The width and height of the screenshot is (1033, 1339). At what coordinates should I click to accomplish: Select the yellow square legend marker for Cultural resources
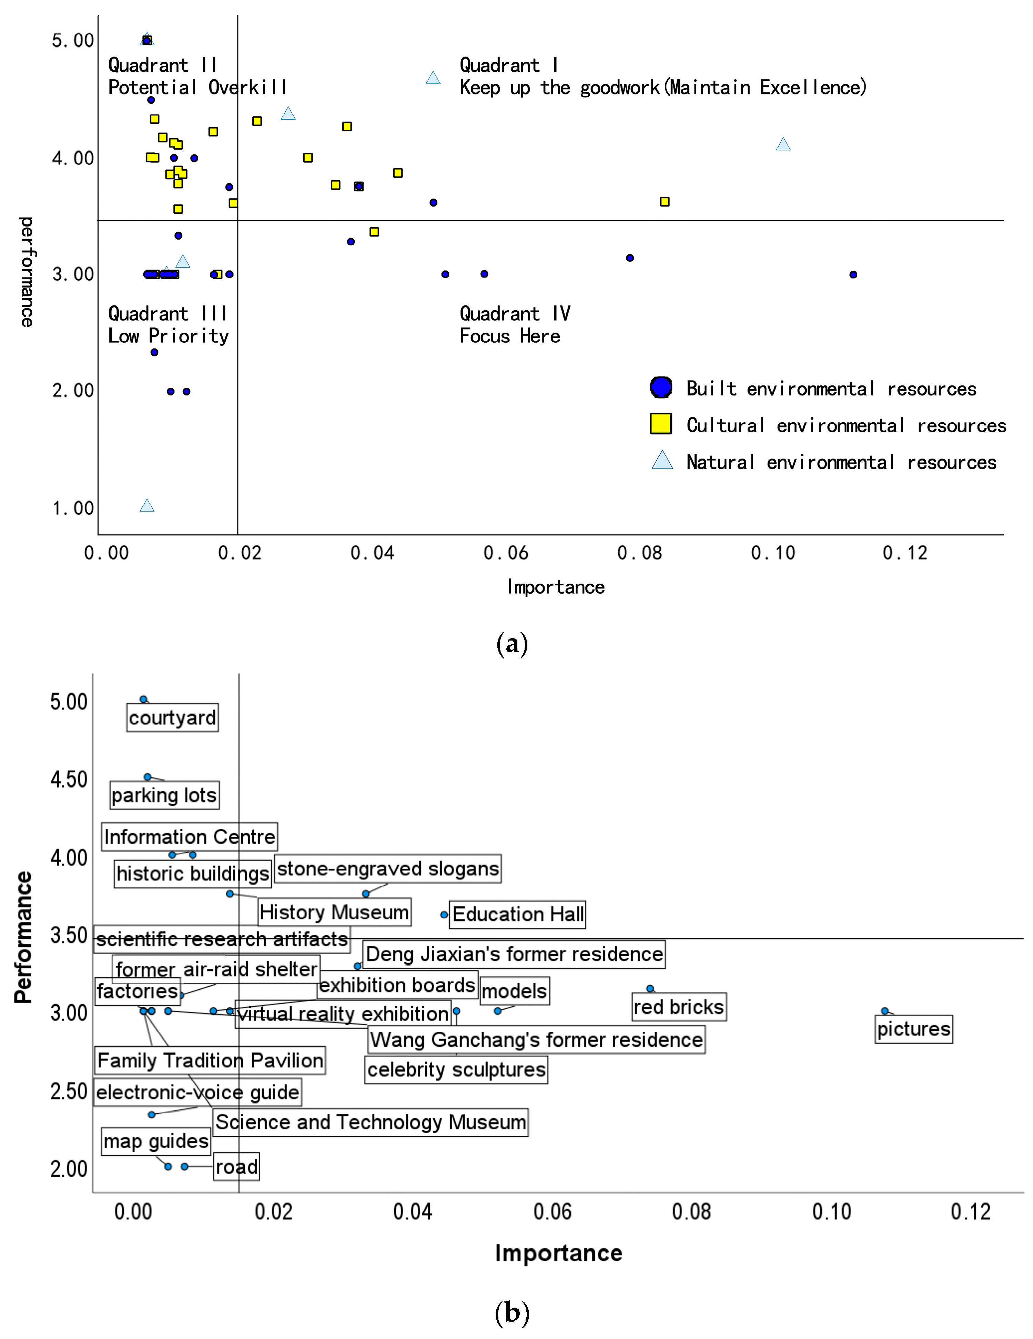[661, 424]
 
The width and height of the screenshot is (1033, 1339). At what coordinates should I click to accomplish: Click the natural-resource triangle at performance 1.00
[146, 506]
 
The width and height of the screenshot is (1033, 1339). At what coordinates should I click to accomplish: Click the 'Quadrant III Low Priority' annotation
[168, 325]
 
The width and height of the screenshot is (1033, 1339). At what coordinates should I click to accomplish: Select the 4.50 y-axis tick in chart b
[69, 780]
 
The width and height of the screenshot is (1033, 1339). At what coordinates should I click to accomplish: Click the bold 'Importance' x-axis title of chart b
[558, 1253]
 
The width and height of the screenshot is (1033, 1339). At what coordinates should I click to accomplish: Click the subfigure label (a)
[512, 644]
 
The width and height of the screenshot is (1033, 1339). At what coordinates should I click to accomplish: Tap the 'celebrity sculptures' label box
[456, 1069]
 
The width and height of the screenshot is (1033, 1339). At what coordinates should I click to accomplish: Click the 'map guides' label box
[156, 1141]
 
